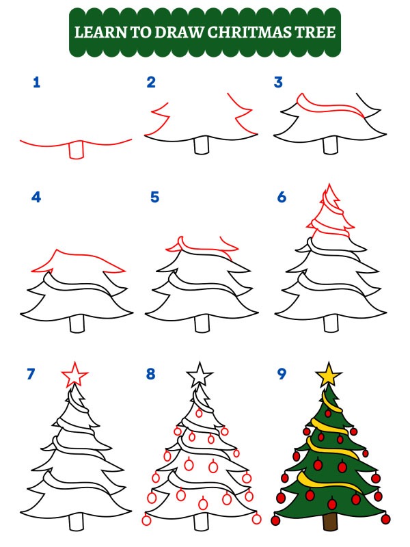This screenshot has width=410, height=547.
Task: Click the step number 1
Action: click(x=36, y=83)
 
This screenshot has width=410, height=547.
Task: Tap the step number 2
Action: click(x=151, y=83)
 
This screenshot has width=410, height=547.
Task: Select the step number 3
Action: click(x=278, y=83)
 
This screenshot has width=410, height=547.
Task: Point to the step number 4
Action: click(x=36, y=198)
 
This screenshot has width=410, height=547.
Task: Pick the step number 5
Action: click(x=154, y=198)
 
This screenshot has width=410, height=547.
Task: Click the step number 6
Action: click(x=281, y=198)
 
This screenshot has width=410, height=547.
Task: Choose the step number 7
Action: click(x=30, y=374)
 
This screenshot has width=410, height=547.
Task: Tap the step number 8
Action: click(x=151, y=374)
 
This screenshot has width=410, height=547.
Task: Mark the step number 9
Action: click(x=281, y=374)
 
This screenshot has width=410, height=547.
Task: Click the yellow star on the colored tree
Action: click(x=329, y=374)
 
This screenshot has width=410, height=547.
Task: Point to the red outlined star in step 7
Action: click(x=74, y=375)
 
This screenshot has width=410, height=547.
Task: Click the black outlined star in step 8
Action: click(x=200, y=375)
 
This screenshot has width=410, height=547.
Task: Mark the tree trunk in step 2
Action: click(x=202, y=146)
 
